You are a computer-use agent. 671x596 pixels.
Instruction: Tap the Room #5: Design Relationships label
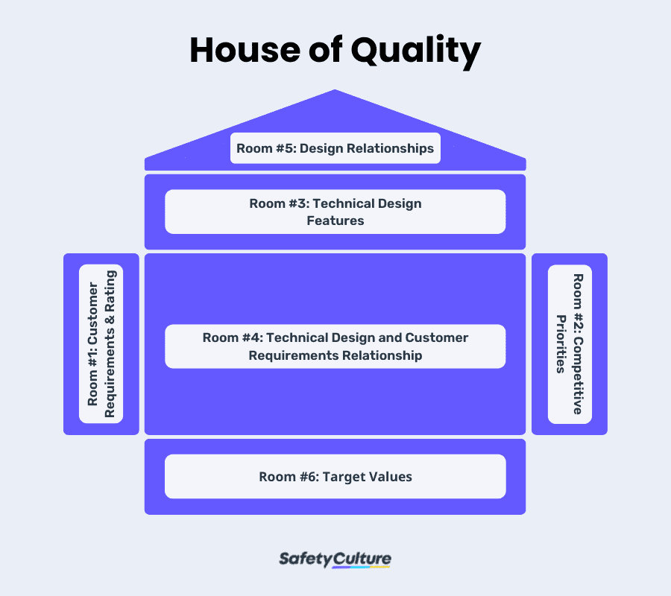(x=335, y=148)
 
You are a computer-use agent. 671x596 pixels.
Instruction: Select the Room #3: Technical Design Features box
(x=335, y=212)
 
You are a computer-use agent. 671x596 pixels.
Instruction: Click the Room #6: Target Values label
(x=335, y=476)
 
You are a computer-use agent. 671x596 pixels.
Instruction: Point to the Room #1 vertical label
(x=101, y=343)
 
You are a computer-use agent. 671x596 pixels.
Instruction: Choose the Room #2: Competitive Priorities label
(x=570, y=343)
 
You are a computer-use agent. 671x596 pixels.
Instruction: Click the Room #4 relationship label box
(x=335, y=346)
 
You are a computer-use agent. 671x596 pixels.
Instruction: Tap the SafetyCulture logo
(x=335, y=559)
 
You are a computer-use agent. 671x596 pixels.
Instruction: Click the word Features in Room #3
(x=335, y=221)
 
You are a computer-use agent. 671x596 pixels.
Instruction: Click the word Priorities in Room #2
(x=561, y=343)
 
